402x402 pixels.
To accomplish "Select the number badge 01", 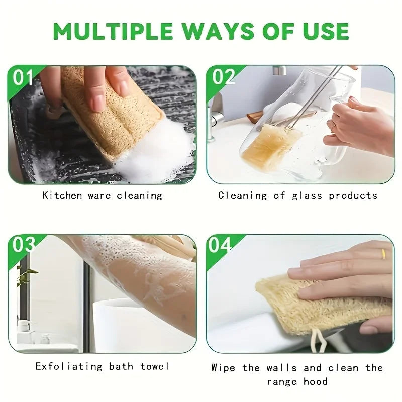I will (23, 78).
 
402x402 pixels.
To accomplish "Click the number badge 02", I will (224, 77).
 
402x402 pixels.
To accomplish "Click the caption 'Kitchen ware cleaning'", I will (103, 195).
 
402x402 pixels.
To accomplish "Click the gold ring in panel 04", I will (383, 254).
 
